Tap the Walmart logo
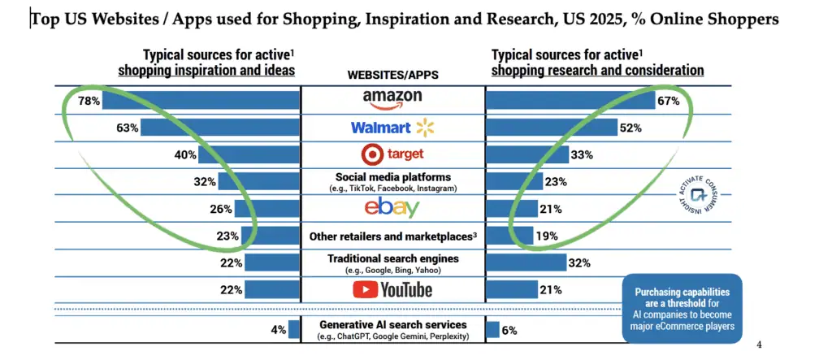pos(392,128)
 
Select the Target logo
pos(392,154)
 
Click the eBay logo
pos(392,208)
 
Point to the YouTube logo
pos(392,289)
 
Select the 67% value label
pos(669,101)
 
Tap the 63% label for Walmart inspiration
pos(128,128)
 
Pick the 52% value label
pos(631,128)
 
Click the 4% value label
pos(278,329)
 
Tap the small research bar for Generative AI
pos(492,329)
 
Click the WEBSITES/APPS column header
pos(392,74)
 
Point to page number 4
pos(759,344)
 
